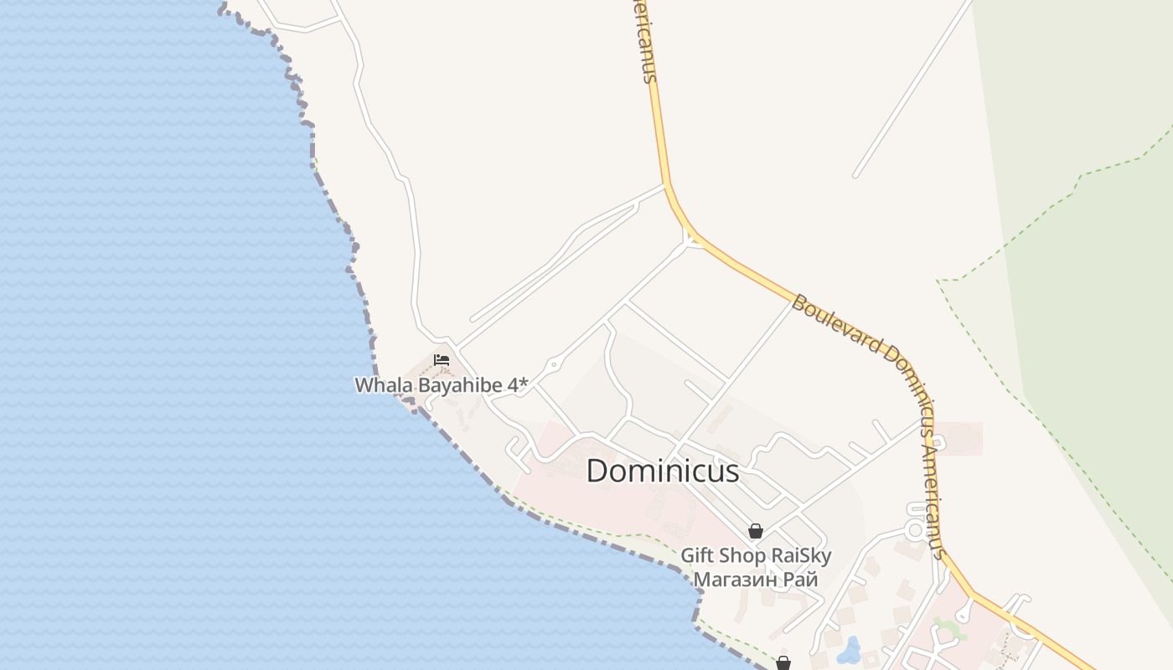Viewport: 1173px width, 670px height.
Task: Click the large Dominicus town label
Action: [x=662, y=471]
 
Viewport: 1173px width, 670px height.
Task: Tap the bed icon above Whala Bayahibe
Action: [x=442, y=360]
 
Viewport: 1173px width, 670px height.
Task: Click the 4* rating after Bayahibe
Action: [x=518, y=385]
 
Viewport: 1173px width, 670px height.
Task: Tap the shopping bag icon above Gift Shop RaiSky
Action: [x=755, y=531]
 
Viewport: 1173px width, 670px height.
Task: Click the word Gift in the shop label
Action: [x=698, y=555]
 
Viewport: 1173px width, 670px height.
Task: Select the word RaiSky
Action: [x=801, y=555]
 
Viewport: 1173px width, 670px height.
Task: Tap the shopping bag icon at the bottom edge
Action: [x=783, y=662]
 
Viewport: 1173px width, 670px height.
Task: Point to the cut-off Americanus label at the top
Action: [x=643, y=42]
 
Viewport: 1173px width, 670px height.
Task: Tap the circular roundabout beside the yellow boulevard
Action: [x=915, y=530]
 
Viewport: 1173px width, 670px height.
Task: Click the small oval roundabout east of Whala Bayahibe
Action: [x=553, y=365]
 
